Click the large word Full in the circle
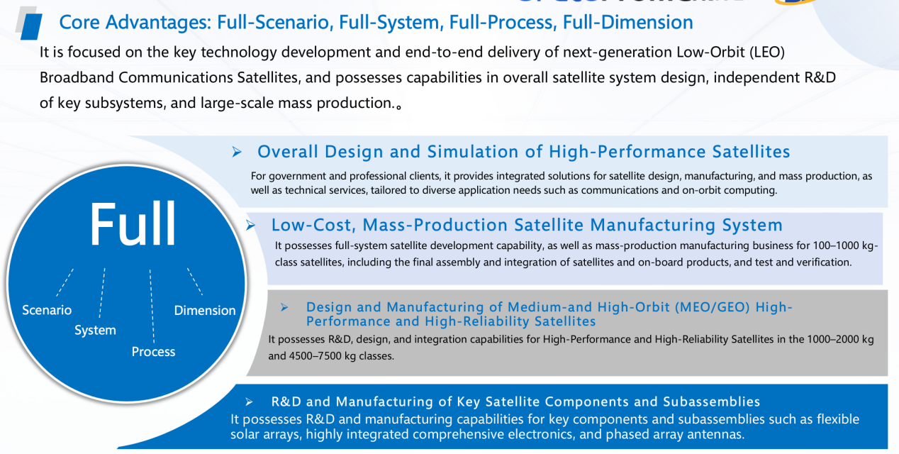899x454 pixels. click(x=133, y=223)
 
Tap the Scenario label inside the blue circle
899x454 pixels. click(x=47, y=310)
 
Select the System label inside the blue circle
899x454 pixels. click(x=95, y=331)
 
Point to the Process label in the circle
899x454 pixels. click(x=153, y=352)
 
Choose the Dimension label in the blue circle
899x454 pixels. click(x=205, y=310)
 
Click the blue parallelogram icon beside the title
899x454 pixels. click(x=31, y=26)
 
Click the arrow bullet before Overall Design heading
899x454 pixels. click(x=237, y=152)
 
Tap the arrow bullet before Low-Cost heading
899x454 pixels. click(x=250, y=225)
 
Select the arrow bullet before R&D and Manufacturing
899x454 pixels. click(x=250, y=402)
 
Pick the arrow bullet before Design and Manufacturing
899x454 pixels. click(x=284, y=307)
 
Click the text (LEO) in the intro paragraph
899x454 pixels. click(x=767, y=52)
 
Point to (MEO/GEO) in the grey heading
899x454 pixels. click(x=713, y=307)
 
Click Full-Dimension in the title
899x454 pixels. click(x=627, y=22)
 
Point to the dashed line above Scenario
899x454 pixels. click(x=65, y=282)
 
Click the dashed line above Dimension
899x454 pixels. click(x=195, y=282)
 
